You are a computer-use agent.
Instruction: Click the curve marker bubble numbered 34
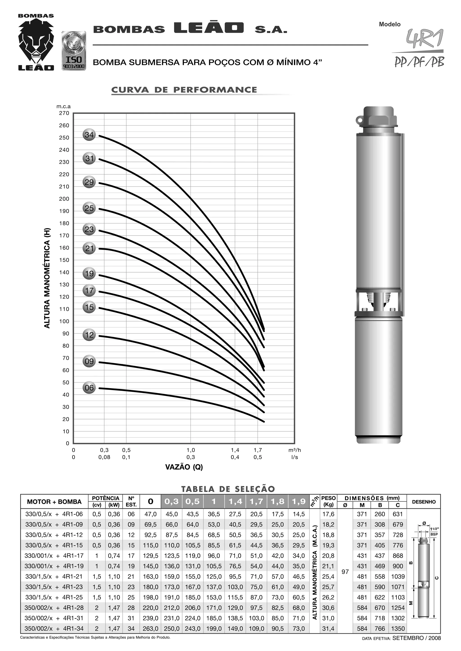click(89, 135)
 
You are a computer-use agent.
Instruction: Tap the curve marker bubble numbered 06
click(89, 388)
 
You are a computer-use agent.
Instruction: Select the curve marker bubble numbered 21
click(89, 248)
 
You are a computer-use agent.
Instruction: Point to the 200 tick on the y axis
click(64, 199)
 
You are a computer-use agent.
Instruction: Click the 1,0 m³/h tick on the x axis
click(191, 450)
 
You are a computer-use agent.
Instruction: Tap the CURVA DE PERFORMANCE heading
click(184, 90)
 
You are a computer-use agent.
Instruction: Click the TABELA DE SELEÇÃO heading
click(228, 489)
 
